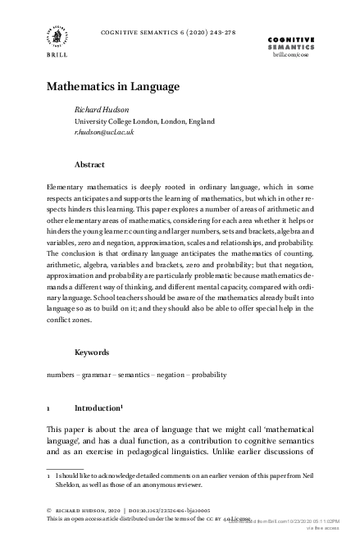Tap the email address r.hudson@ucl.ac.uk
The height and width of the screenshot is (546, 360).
coord(103,131)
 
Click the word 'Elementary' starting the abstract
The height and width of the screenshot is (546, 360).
coord(66,187)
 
